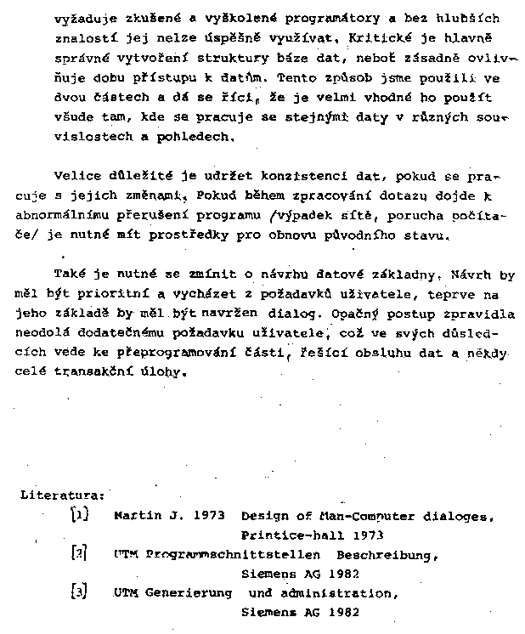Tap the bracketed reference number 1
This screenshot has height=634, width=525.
(77, 515)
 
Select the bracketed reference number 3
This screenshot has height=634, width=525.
(78, 592)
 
